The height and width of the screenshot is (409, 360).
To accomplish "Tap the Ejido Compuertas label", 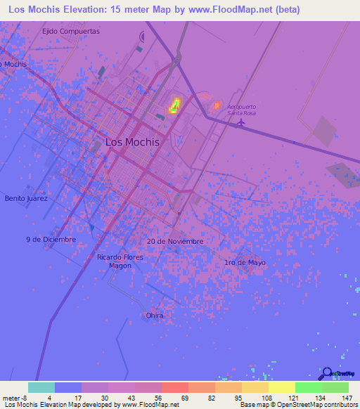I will [71, 32].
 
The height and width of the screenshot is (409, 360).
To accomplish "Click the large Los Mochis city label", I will [132, 141].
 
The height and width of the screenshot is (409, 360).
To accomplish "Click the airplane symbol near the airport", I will [241, 122].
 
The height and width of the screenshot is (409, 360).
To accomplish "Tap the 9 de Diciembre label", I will [51, 239].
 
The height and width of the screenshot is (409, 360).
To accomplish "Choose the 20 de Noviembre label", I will [175, 241].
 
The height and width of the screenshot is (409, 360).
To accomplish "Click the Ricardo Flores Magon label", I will [120, 261].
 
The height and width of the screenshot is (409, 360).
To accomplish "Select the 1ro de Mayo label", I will [245, 262].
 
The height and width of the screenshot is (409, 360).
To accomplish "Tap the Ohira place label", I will [155, 316].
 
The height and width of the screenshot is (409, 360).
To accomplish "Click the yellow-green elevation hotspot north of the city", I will [174, 107].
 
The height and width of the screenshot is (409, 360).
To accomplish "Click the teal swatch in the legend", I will [41, 387].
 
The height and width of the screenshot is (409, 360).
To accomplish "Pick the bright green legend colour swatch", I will [308, 387].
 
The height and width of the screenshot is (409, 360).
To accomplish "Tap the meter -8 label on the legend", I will [13, 397].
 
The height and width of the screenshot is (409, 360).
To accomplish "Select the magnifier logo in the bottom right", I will [328, 374].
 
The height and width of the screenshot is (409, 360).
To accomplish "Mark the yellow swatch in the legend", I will [281, 387].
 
